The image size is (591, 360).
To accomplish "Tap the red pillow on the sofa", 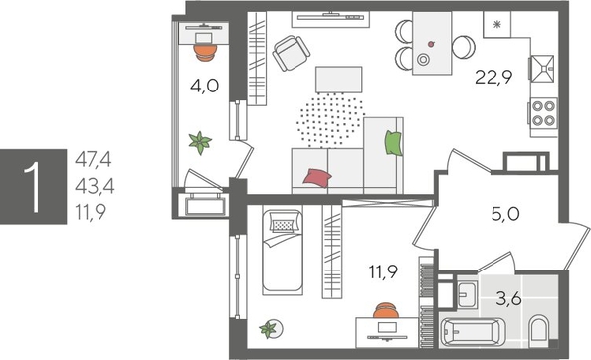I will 317,178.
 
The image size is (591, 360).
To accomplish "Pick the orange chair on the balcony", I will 204,43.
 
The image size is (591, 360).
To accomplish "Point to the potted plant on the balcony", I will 203,142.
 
